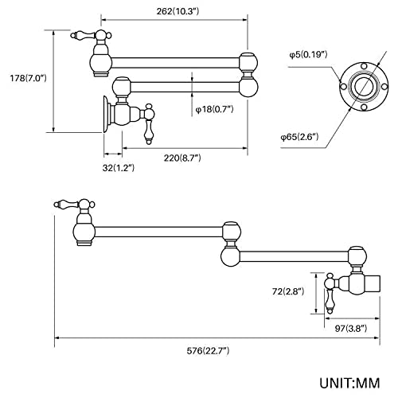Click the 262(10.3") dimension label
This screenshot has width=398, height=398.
178,11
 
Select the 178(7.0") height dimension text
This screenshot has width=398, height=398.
28,78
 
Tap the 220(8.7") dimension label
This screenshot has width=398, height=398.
182,158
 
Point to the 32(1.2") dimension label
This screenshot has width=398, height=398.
119,168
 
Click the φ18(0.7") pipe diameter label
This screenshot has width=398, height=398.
214,109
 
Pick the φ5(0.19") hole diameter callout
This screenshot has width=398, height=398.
308,55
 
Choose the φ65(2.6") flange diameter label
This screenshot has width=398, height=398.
299,137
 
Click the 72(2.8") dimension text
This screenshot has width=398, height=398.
288,291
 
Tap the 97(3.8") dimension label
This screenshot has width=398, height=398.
351,329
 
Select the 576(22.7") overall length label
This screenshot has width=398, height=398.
208,351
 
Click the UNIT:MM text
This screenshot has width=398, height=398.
349,383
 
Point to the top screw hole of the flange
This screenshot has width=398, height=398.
365,65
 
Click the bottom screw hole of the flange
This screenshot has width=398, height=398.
365,107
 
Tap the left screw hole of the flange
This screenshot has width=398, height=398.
343,87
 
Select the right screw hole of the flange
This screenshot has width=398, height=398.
384,86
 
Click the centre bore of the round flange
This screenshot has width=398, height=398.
364,86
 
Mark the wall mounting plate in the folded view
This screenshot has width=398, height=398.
106,114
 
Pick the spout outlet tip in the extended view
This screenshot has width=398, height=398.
84,243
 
